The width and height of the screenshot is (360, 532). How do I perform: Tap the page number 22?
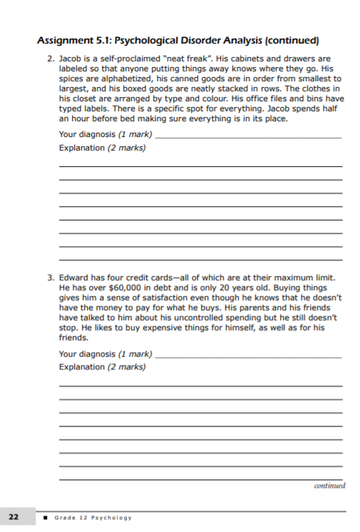point(14,516)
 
